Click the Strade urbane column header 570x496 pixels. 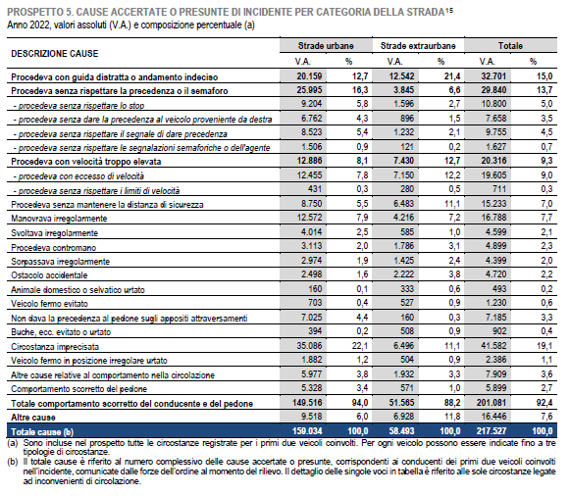(x=326, y=46)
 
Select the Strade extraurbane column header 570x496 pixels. (x=418, y=46)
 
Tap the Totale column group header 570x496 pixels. (x=510, y=46)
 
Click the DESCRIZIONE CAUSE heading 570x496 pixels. (x=55, y=54)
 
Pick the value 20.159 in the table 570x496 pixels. (x=309, y=76)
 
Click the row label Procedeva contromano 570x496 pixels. (x=53, y=248)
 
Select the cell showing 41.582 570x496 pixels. (x=493, y=346)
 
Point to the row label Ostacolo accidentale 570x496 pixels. (x=49, y=275)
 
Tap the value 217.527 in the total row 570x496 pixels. (x=492, y=431)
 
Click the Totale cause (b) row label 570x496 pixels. (x=42, y=431)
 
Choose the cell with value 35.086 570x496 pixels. (x=309, y=346)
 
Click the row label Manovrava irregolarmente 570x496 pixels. (x=59, y=219)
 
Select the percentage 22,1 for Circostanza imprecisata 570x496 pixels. (x=360, y=346)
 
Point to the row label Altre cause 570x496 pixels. (x=33, y=418)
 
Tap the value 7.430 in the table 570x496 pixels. (x=403, y=161)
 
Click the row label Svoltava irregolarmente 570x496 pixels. (x=54, y=233)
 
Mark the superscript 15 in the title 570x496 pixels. (x=449, y=10)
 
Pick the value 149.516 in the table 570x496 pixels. (x=307, y=403)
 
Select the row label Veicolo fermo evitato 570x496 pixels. (x=49, y=304)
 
